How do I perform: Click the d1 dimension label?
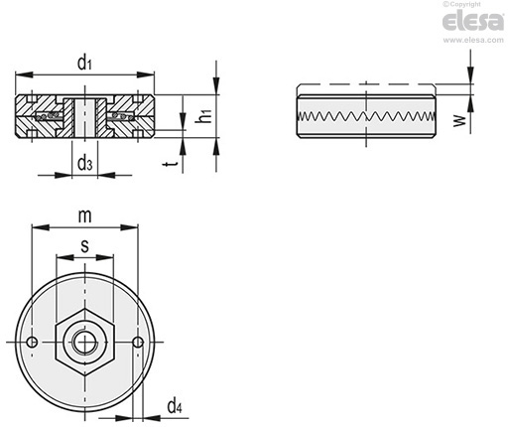point(84,63)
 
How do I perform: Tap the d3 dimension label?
point(84,164)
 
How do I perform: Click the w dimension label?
point(459,121)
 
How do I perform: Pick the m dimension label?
point(84,216)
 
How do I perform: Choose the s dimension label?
point(85,246)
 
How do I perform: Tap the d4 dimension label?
point(175,406)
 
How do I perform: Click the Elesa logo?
point(473,22)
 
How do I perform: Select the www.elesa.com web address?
point(473,40)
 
